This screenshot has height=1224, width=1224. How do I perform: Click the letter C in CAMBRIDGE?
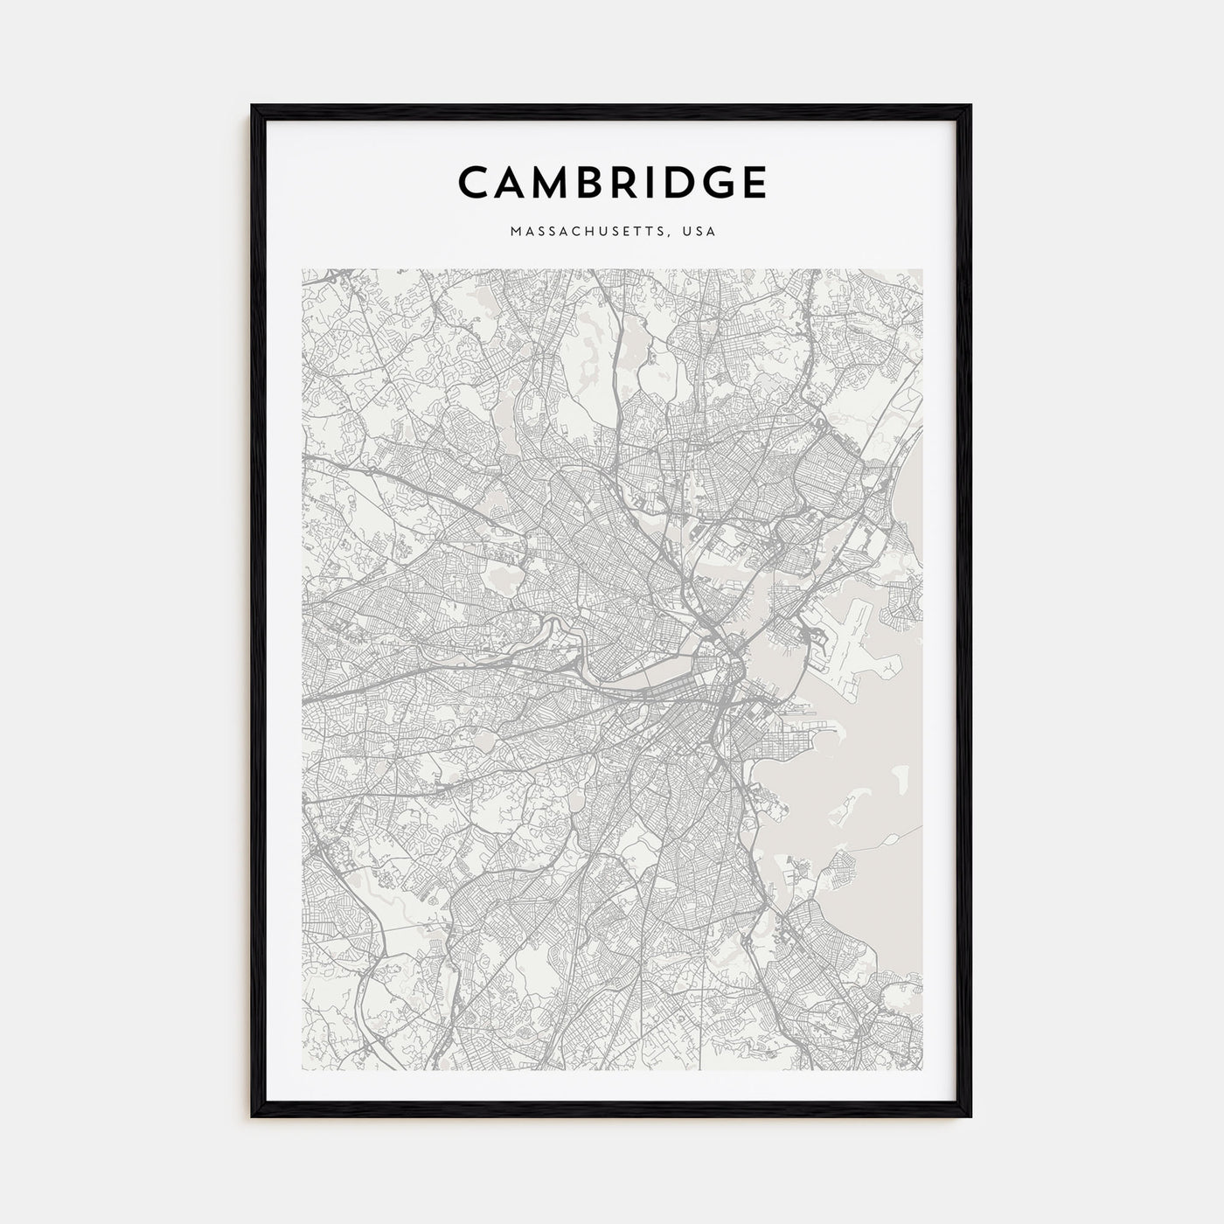tap(477, 183)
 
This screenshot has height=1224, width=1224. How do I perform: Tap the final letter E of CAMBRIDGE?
tap(757, 183)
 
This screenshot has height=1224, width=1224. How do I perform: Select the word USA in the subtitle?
tap(700, 232)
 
